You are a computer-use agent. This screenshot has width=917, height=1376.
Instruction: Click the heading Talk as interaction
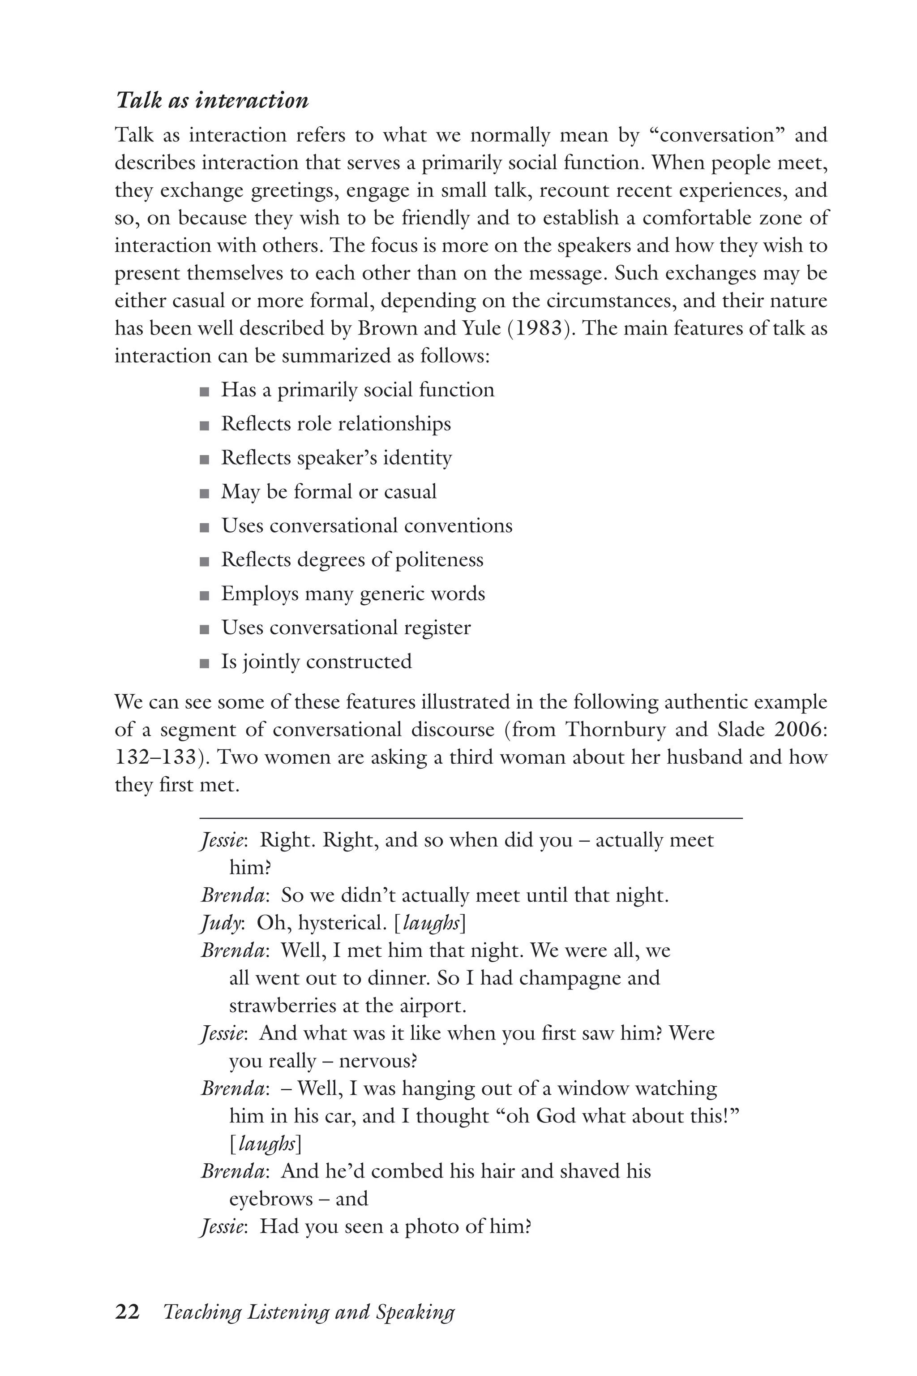212,101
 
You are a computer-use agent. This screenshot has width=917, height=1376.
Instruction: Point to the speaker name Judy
220,923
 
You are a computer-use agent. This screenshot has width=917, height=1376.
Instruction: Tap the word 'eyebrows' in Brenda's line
271,1199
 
